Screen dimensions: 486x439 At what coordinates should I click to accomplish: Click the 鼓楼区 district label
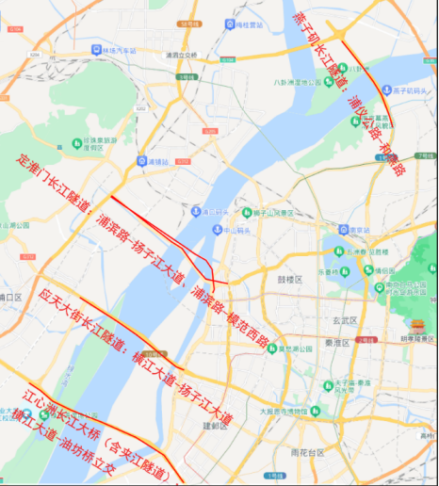pyautogui.click(x=287, y=280)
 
